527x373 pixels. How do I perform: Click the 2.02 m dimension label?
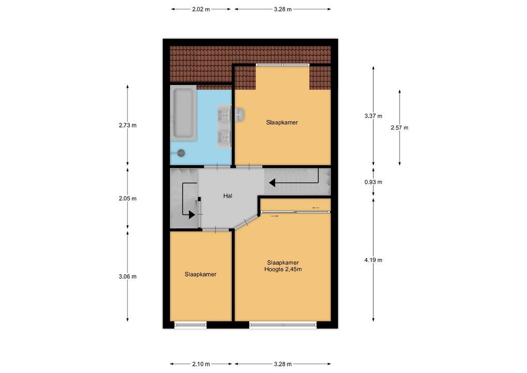coord(201,9)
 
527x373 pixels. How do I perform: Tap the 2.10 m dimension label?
coord(201,364)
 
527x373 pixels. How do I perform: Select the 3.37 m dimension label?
coord(373,116)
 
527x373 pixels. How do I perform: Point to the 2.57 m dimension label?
coord(399,128)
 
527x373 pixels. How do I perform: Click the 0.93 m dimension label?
coord(373,182)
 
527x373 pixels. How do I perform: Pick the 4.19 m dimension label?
coord(373,260)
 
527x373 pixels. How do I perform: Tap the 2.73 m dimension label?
coord(127,125)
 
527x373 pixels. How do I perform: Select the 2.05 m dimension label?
coord(127,198)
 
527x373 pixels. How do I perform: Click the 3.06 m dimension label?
coord(127,277)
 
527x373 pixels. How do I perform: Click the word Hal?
coord(228,196)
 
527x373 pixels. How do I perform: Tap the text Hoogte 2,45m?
coord(283,269)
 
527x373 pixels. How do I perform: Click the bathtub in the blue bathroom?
coord(183,113)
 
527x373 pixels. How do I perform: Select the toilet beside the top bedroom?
coord(240,114)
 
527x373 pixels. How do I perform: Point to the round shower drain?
coord(181,153)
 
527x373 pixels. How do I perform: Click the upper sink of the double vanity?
coord(225,114)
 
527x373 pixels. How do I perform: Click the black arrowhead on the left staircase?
coord(192,214)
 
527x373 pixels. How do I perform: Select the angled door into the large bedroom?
coord(246,222)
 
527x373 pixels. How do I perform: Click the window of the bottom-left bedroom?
coord(190,325)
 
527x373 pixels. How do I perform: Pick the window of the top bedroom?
coord(282,65)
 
